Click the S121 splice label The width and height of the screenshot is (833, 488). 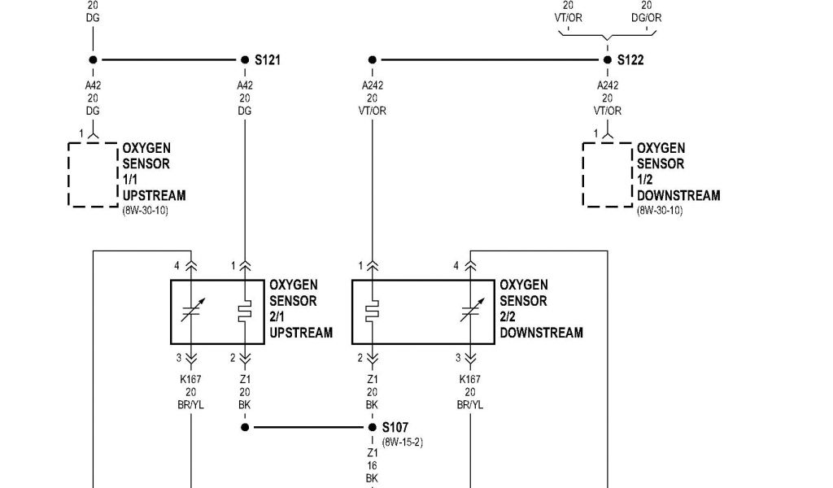(268, 60)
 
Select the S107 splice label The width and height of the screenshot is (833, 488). (395, 427)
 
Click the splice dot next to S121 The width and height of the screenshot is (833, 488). (245, 59)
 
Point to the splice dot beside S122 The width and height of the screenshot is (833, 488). (607, 59)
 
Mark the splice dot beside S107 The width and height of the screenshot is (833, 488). (372, 427)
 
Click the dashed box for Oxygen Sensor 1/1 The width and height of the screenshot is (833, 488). (92, 174)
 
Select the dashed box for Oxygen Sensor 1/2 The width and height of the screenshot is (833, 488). (607, 174)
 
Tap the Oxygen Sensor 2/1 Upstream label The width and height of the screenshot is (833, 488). (301, 309)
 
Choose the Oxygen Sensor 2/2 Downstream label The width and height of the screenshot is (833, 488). (541, 309)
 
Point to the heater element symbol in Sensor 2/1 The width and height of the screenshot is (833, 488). (244, 312)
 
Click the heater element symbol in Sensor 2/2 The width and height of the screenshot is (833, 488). (373, 312)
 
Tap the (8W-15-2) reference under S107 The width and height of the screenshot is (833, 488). (402, 442)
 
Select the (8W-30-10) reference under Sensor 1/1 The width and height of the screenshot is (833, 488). (146, 211)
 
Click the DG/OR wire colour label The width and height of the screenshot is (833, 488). (647, 17)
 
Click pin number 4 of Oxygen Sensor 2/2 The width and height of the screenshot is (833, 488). (456, 266)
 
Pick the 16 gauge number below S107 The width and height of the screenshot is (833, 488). (372, 466)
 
